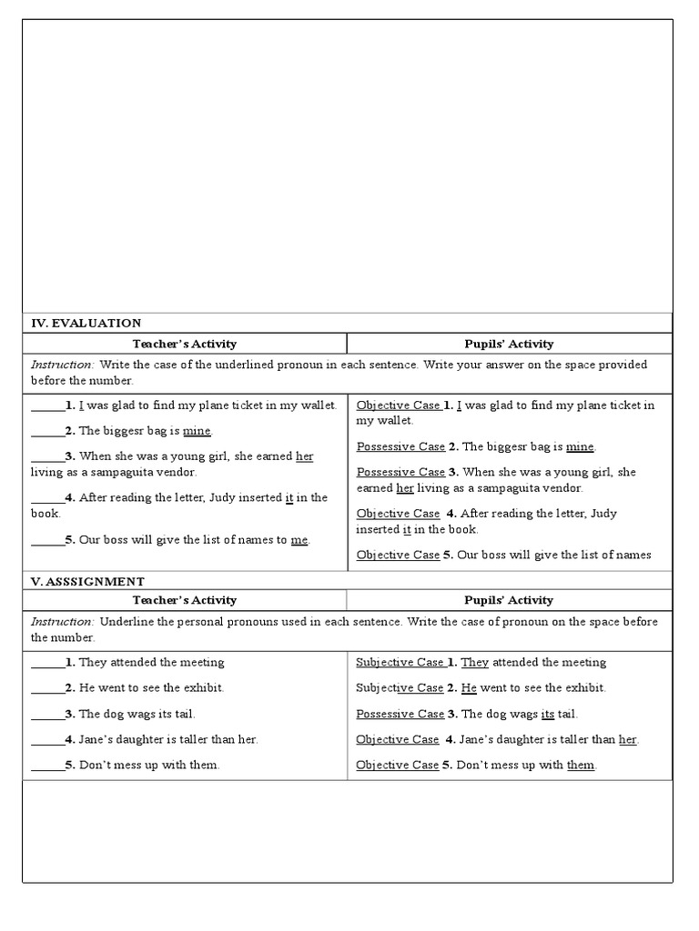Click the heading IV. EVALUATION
click(86, 323)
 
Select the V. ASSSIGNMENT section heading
click(88, 581)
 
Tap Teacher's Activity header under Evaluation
click(185, 344)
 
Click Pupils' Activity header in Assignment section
click(509, 600)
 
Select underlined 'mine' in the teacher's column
click(197, 431)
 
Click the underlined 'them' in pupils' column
click(581, 766)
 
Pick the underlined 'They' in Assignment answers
click(475, 663)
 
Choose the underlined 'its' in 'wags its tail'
click(548, 715)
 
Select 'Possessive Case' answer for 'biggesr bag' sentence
click(400, 447)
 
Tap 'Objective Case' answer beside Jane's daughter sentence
click(397, 740)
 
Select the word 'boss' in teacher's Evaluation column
click(118, 540)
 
